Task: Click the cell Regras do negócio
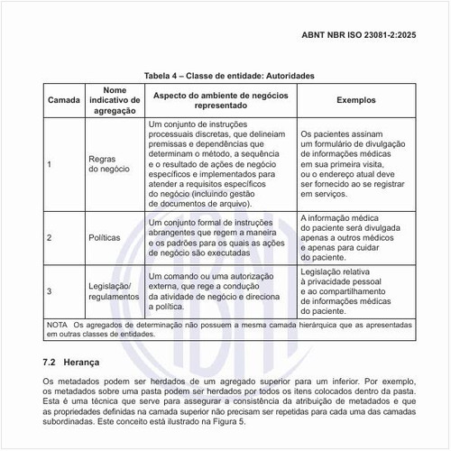click(x=115, y=164)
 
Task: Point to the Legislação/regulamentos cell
click(x=115, y=290)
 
